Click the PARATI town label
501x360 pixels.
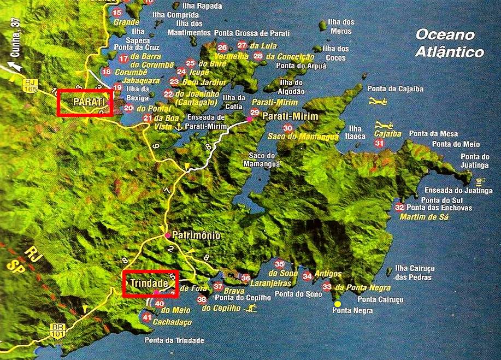click(x=85, y=103)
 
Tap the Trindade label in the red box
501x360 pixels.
click(x=149, y=283)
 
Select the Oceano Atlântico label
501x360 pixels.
click(x=449, y=43)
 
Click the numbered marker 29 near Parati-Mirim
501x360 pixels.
click(x=254, y=112)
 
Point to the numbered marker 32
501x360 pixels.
click(x=399, y=207)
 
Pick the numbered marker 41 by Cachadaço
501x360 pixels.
click(x=146, y=317)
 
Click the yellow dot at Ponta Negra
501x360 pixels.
click(x=338, y=304)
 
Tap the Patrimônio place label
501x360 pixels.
click(x=196, y=235)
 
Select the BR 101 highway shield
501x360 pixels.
click(x=57, y=330)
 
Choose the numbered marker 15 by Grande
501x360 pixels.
click(x=116, y=12)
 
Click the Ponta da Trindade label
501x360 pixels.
click(x=174, y=340)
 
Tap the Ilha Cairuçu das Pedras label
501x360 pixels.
click(x=412, y=274)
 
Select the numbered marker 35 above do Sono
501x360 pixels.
click(x=280, y=263)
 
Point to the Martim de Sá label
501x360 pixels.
click(x=424, y=217)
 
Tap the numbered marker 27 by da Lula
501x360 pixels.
click(x=242, y=45)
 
